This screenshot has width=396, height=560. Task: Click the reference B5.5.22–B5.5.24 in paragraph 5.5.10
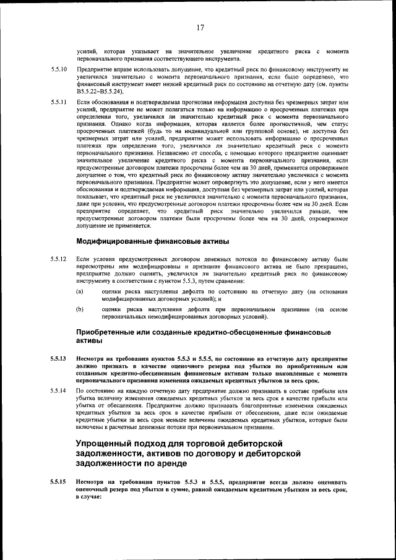103,91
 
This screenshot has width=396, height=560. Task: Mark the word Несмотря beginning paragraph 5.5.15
93,481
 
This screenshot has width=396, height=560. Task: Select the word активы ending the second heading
92,341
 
